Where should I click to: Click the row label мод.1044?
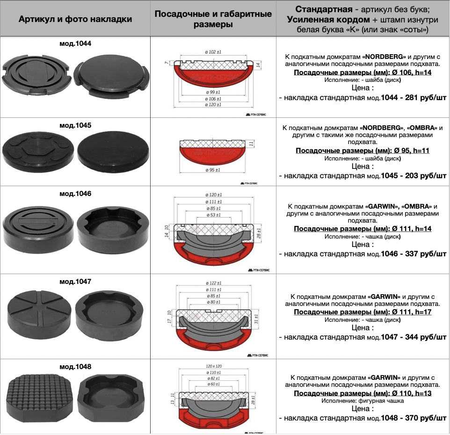tap(75, 43)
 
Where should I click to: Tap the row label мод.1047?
tap(75, 282)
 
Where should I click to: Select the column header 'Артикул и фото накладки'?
tap(75, 19)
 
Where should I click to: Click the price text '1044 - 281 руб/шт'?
tap(414, 97)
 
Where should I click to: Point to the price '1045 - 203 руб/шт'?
tap(414, 175)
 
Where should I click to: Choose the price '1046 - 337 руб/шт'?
tap(414, 254)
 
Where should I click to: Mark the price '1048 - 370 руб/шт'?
tap(414, 416)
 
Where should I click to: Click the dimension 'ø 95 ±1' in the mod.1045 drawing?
tap(213, 170)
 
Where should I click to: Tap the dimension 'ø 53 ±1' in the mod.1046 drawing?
tap(213, 215)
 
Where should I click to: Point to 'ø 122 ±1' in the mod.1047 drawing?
tap(213, 284)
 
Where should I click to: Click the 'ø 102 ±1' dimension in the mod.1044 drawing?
tap(213, 52)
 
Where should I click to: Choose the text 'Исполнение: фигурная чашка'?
tap(363, 401)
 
